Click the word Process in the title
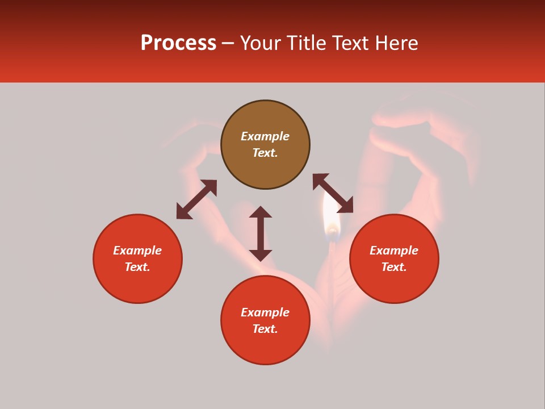178,43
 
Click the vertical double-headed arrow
261,234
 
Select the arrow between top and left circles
196,199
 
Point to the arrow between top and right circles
333,193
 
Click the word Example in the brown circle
265,136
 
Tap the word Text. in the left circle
137,267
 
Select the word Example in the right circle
394,251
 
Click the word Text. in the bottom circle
265,329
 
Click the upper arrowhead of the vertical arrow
261,212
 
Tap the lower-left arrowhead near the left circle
183,213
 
